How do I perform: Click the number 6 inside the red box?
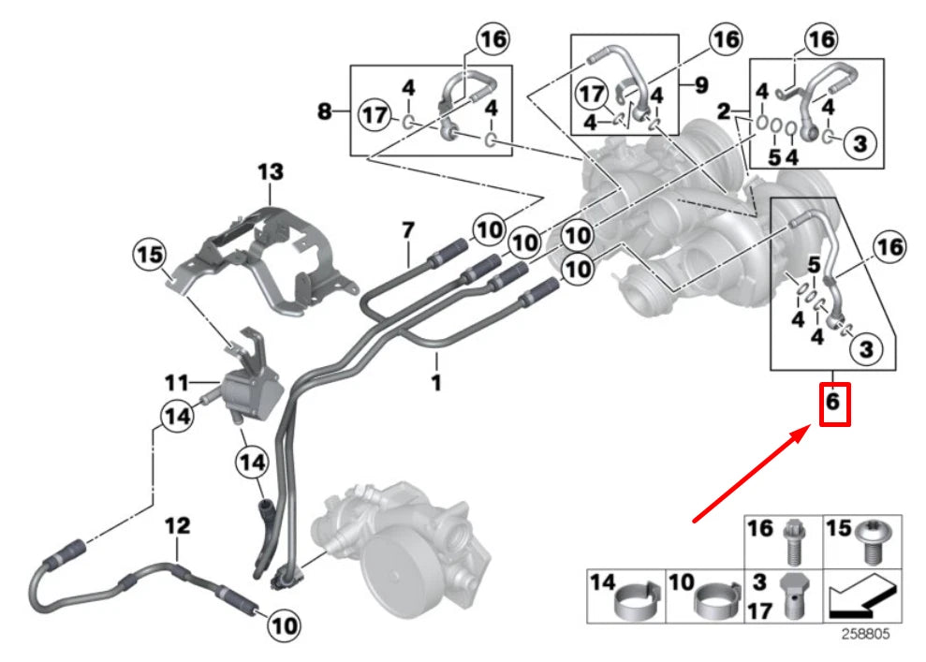[835, 405]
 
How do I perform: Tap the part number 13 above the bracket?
[271, 172]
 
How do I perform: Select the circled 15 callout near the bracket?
[151, 254]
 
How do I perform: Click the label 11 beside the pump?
[178, 383]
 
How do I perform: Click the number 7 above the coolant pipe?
[407, 229]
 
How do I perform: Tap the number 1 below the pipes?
[436, 383]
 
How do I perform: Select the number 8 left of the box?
[325, 112]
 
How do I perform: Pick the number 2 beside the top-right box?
[723, 112]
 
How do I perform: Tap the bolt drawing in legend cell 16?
[795, 541]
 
